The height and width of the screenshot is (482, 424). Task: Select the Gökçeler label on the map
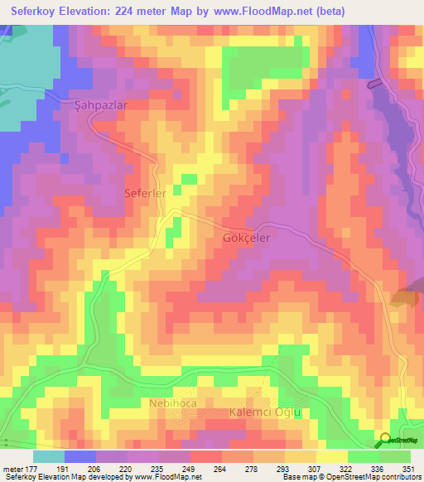[x=247, y=236]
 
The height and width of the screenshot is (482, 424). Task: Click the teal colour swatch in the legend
[x=49, y=456]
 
